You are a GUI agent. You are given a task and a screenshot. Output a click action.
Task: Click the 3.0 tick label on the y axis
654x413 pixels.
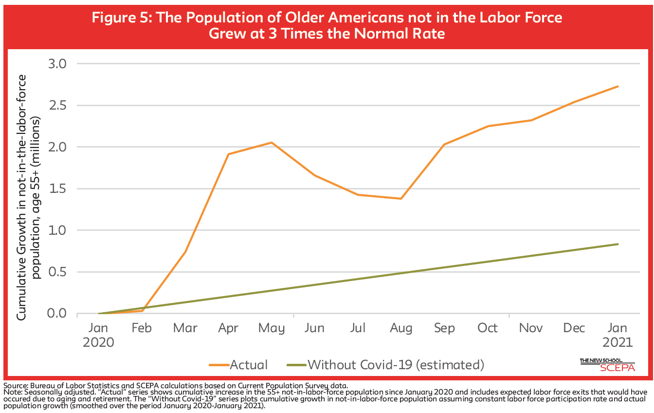(x=58, y=64)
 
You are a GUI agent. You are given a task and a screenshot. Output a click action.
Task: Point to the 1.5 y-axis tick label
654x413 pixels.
(x=58, y=188)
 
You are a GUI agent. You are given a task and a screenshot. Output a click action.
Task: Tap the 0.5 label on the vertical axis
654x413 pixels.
(x=58, y=272)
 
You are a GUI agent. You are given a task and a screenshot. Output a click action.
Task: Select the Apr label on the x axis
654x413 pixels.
(x=228, y=328)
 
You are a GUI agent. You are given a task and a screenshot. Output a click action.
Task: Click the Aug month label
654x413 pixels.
(x=400, y=328)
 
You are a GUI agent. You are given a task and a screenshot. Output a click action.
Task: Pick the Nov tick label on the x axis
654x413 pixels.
(x=531, y=328)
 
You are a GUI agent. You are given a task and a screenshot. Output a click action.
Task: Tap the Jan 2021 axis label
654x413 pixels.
(x=617, y=335)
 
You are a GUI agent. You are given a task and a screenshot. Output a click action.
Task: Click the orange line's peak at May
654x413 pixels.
(x=272, y=143)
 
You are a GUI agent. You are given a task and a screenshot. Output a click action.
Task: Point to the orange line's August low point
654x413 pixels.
(x=400, y=199)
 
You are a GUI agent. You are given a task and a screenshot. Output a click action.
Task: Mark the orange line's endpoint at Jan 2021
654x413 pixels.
(x=618, y=87)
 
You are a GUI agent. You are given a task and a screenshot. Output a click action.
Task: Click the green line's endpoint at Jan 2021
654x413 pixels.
(x=618, y=244)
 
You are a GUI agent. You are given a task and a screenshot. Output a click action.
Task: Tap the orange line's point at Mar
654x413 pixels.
(x=185, y=252)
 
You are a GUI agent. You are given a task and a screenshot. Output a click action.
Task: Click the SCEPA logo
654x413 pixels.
(x=607, y=365)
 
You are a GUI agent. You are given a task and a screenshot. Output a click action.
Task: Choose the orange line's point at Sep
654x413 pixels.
(x=444, y=145)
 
